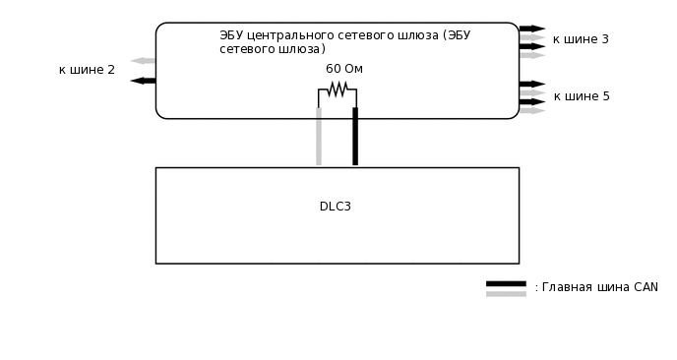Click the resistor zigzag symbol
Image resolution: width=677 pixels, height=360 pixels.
338,90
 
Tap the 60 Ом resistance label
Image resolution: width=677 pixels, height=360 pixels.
344,69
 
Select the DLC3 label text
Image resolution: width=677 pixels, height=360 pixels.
336,207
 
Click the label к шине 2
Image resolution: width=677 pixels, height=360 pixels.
87,70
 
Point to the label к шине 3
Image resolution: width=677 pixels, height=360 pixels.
581,39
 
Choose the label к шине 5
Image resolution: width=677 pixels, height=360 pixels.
582,96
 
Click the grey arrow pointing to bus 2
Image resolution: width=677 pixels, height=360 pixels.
143,61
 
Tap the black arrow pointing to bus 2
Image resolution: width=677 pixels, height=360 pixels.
143,81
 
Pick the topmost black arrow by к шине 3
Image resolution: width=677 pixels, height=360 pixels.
532,29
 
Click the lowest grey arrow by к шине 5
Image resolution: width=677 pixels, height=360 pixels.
532,110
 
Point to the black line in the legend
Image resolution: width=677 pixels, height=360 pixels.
506,283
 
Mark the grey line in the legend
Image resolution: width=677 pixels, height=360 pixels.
506,293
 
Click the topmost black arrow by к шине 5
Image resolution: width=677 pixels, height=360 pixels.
532,84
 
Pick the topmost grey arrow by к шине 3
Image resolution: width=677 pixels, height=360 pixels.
532,37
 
